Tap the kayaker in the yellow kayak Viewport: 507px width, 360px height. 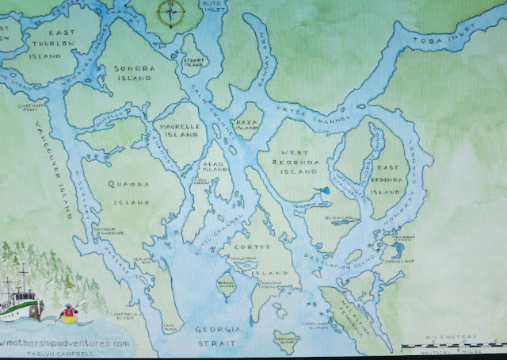(69, 313)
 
